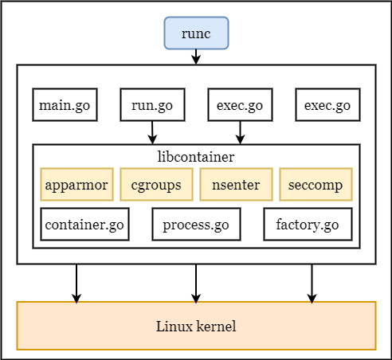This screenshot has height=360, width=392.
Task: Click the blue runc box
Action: pyautogui.click(x=196, y=33)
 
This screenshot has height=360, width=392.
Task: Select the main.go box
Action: pyautogui.click(x=65, y=105)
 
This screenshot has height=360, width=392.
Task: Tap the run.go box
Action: pyautogui.click(x=152, y=105)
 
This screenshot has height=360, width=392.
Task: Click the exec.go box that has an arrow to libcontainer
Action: pyautogui.click(x=240, y=105)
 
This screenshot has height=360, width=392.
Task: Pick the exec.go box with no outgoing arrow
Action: pyautogui.click(x=327, y=105)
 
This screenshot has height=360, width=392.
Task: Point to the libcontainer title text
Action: pyautogui.click(x=196, y=157)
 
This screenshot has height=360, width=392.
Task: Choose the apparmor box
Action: pyautogui.click(x=76, y=185)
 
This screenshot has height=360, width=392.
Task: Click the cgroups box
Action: pyautogui.click(x=156, y=185)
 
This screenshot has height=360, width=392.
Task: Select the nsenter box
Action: pyautogui.click(x=236, y=185)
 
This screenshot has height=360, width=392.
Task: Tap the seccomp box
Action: pyautogui.click(x=316, y=185)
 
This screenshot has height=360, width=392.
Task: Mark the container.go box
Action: pyautogui.click(x=84, y=225)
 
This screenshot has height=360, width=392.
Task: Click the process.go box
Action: pyautogui.click(x=196, y=225)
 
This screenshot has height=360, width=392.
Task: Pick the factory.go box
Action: pyautogui.click(x=308, y=225)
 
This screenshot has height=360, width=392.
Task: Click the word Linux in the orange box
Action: pyautogui.click(x=174, y=326)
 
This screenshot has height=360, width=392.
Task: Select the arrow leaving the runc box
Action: pyautogui.click(x=196, y=57)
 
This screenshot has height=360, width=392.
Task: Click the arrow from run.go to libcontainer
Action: pyautogui.click(x=152, y=133)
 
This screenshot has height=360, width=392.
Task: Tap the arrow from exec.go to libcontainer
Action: pyautogui.click(x=240, y=133)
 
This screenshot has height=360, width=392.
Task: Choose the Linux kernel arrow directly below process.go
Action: pyautogui.click(x=196, y=284)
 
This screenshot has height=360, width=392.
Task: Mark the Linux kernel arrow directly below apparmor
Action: pyautogui.click(x=76, y=284)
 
